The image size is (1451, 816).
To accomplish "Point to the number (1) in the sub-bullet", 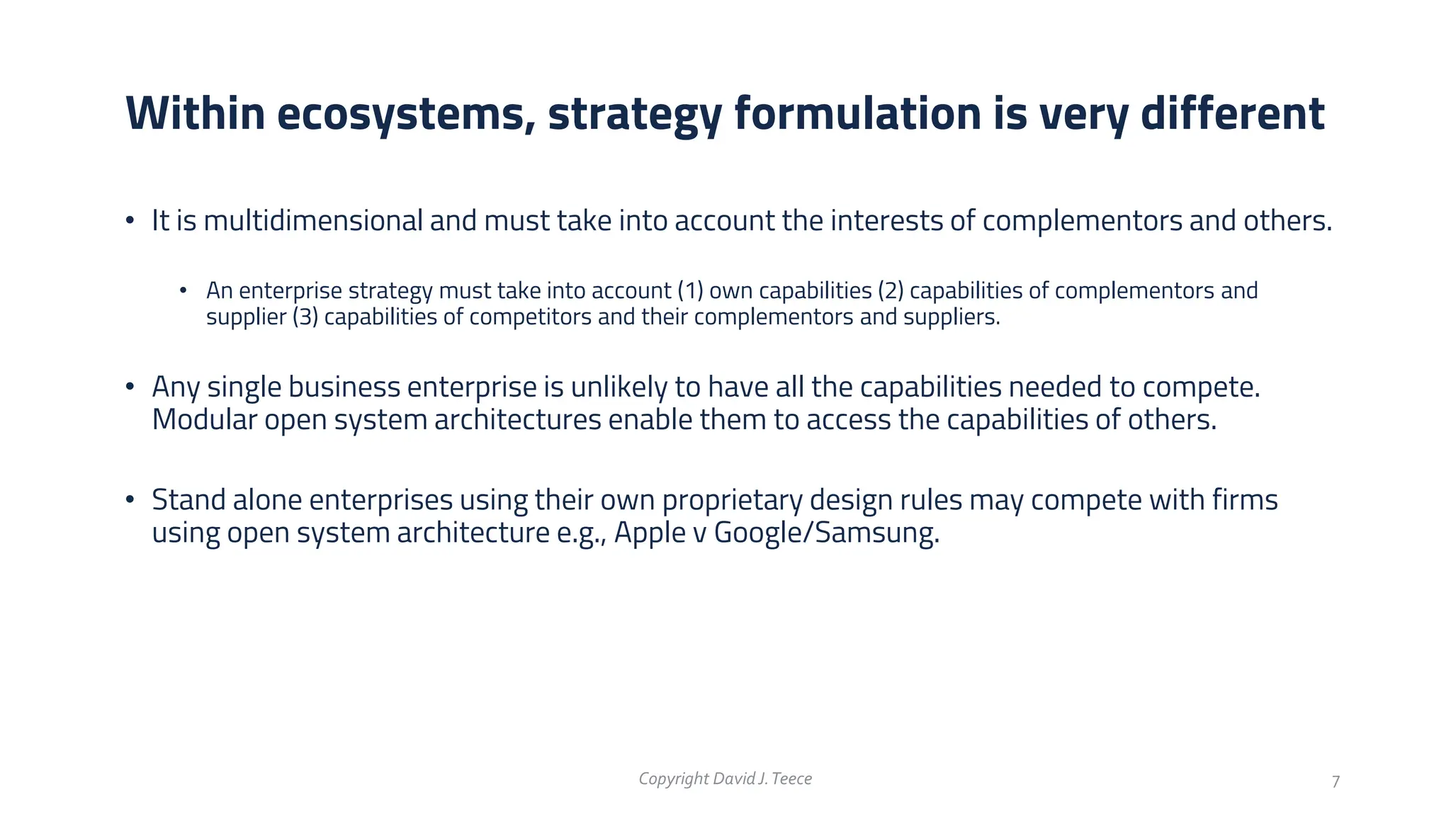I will [x=689, y=291].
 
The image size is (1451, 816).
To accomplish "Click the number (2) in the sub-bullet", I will [x=890, y=291].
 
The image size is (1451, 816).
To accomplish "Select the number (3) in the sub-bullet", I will [x=305, y=317].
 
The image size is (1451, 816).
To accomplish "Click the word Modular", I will [x=204, y=420].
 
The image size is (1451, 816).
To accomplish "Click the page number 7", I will [x=1336, y=782].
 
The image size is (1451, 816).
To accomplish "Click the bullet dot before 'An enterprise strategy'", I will [x=183, y=290].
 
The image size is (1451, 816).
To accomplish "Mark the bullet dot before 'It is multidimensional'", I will [x=130, y=221].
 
